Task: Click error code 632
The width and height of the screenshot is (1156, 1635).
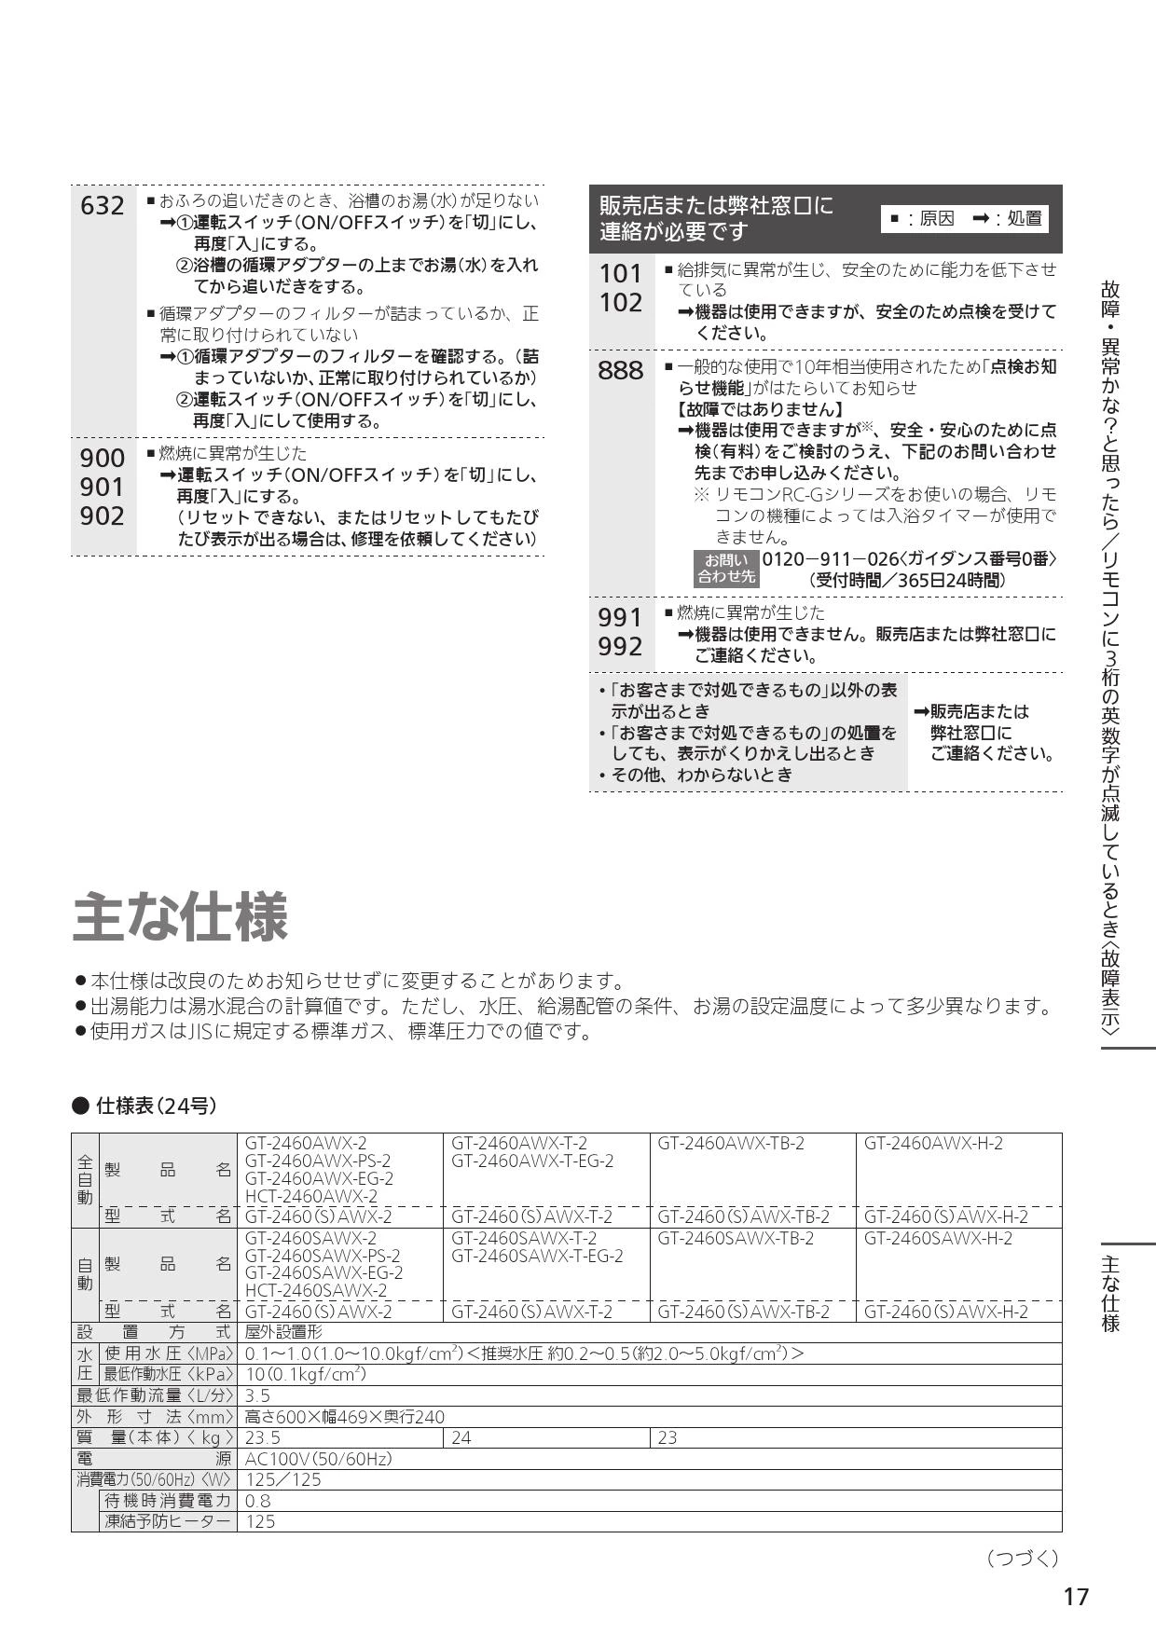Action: pos(103,206)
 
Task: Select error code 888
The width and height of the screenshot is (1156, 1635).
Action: pos(621,371)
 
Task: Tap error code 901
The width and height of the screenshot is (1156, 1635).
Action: pos(103,487)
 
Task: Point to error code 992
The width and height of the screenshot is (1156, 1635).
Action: pos(621,646)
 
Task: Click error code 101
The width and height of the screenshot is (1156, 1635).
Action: pos(621,273)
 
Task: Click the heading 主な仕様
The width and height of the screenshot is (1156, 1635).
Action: pos(181,916)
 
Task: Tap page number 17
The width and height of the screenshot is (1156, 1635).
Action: pos(1075,1597)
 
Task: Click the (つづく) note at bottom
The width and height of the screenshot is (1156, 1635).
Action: pos(1022,1558)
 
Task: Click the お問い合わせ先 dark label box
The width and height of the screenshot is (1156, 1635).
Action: pos(726,568)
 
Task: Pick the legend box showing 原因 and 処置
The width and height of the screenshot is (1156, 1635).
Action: pos(965,218)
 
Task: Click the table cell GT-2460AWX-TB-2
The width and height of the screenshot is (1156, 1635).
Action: pos(731,1143)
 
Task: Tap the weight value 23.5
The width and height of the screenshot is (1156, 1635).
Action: pos(263,1437)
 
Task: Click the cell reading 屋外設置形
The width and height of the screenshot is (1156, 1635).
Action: pos(283,1333)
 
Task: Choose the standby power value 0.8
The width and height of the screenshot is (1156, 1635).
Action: pos(257,1501)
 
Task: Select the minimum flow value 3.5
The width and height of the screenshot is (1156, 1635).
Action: pos(257,1395)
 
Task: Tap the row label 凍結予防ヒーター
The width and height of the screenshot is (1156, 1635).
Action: pos(168,1521)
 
